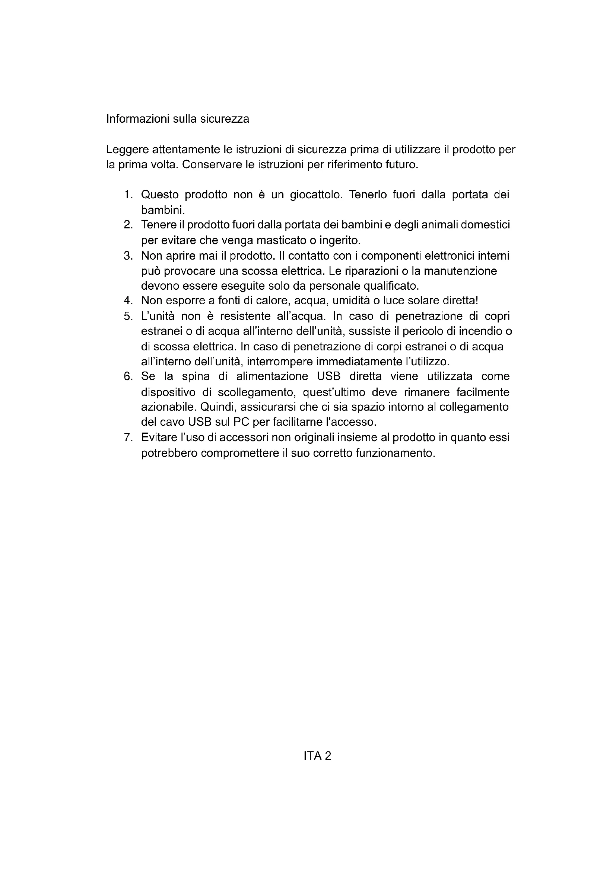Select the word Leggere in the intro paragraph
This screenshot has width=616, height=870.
pos(127,150)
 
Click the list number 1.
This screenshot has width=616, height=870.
pos(128,195)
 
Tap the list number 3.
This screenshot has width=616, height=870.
pos(128,256)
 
